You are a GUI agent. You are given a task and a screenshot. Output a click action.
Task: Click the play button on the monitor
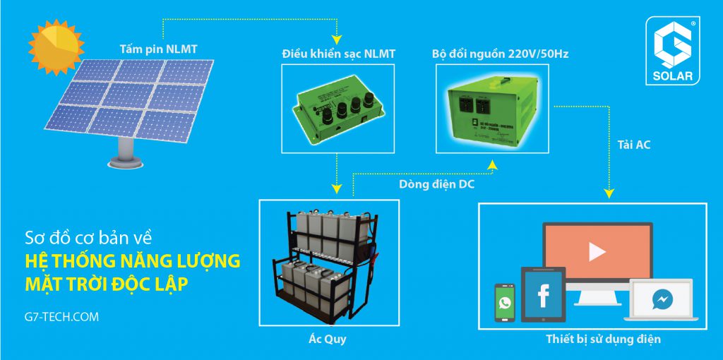click(597, 251)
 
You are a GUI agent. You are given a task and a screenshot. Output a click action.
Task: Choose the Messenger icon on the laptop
click(662, 299)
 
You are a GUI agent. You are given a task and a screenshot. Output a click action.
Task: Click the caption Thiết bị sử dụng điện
click(603, 340)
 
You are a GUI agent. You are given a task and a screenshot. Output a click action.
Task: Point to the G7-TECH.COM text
click(61, 317)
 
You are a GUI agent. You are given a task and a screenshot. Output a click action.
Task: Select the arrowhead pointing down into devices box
click(607, 191)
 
